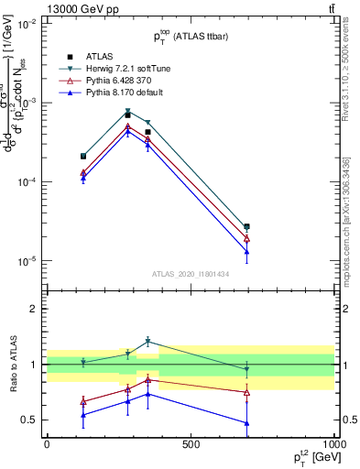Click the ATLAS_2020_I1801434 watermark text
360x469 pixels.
coord(191,274)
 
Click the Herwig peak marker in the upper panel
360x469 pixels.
coord(128,112)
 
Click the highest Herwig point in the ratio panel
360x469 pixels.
coord(147,342)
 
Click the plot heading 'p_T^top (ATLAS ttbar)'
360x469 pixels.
coord(191,37)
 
